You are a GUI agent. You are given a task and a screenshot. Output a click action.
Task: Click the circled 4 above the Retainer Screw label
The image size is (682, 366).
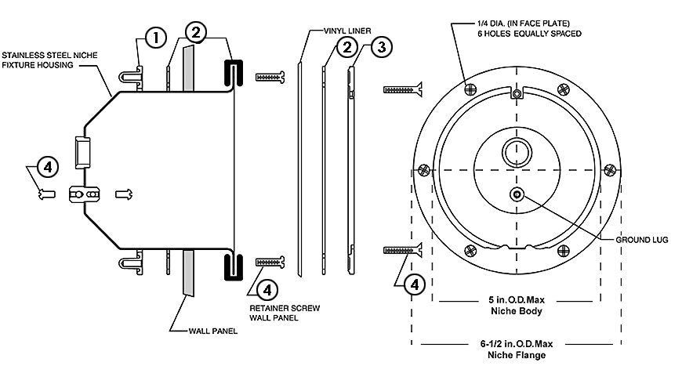267,289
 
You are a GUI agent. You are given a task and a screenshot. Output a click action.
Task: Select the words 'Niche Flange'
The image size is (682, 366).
518,355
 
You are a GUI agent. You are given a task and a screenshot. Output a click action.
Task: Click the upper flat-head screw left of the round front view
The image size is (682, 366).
403,89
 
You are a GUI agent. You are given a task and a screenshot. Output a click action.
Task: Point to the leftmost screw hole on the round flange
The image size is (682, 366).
423,169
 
